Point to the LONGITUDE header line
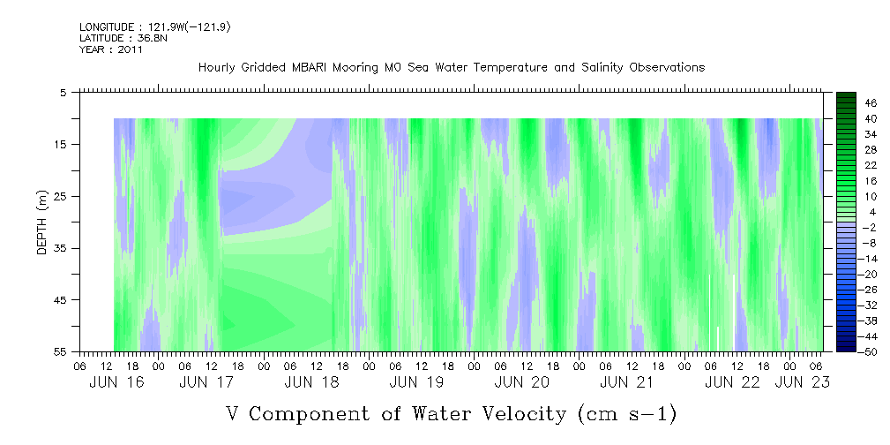click(155, 27)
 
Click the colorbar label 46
click(848, 102)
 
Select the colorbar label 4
click(848, 212)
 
